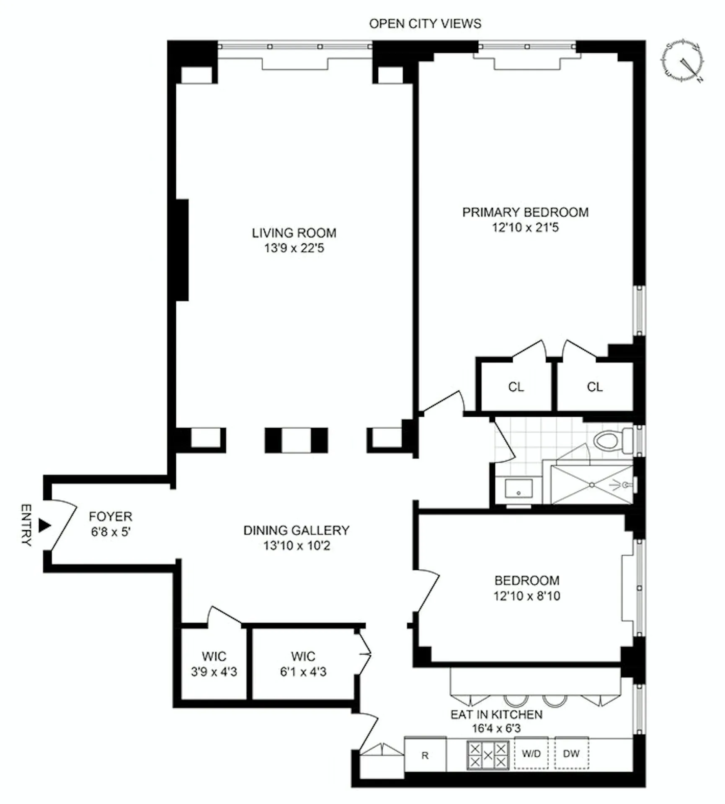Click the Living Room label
294,233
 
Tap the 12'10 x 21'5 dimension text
525,227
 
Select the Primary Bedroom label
525,212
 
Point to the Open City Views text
425,24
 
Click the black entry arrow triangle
44,525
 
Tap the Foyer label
111,516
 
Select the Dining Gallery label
296,530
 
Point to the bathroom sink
519,489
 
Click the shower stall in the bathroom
591,484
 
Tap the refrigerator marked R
425,755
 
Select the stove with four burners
488,755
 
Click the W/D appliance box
531,754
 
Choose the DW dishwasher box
571,754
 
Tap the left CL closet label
516,387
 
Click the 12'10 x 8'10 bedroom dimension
526,595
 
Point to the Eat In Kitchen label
496,714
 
